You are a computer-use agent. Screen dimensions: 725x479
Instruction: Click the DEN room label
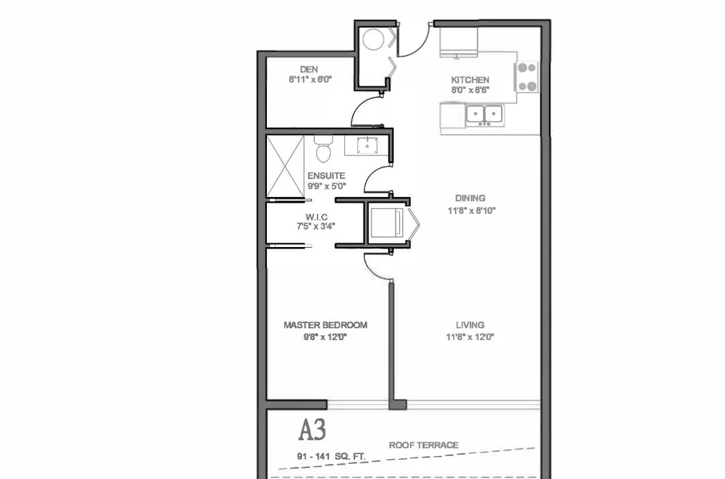coord(309,69)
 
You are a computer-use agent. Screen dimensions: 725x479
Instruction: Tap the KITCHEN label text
coord(470,79)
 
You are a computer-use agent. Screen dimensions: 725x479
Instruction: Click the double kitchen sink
coord(485,115)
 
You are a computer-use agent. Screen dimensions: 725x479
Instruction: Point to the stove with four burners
coord(527,77)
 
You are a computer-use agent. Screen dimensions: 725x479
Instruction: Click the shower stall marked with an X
coord(286,166)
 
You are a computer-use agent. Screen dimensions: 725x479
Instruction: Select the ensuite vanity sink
coord(367,145)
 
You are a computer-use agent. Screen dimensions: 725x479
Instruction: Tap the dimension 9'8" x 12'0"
coord(325,337)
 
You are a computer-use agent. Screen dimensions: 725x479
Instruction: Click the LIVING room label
coord(470,325)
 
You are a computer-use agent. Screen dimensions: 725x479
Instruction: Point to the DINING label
coord(470,198)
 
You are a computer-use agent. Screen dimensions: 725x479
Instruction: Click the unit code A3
coord(312,430)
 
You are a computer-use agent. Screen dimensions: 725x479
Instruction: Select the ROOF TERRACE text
coord(424,445)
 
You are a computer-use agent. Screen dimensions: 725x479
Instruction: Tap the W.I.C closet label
coord(316,217)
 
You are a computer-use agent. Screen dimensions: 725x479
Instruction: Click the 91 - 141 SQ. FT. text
coord(331,457)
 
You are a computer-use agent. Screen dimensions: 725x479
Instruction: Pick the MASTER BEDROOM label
coord(326,325)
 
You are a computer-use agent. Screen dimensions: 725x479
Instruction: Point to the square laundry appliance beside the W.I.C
coord(386,223)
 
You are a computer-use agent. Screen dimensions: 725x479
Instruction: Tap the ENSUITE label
coord(326,175)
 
